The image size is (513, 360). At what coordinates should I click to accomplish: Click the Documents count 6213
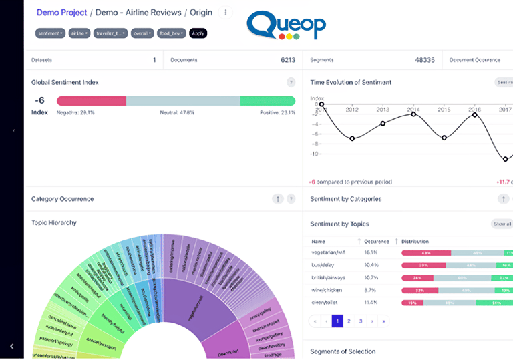click(287, 60)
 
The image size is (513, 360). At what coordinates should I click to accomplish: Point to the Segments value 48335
click(424, 60)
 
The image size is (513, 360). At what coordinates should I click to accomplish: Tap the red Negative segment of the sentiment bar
click(92, 101)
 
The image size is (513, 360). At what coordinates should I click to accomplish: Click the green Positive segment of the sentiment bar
click(267, 101)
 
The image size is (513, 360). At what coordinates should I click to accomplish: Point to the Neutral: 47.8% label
click(177, 113)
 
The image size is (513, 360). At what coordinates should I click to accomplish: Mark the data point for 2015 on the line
click(444, 138)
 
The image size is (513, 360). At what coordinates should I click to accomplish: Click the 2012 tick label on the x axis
click(352, 110)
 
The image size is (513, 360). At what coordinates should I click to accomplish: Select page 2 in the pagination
click(349, 321)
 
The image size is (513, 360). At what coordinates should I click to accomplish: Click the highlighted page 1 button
click(337, 321)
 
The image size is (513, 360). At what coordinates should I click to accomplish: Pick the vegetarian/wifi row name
click(328, 253)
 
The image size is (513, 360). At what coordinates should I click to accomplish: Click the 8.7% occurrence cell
click(371, 290)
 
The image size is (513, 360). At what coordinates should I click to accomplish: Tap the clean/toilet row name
click(325, 302)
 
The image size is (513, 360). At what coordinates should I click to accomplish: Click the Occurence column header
click(376, 241)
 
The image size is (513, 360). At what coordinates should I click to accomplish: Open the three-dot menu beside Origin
click(226, 12)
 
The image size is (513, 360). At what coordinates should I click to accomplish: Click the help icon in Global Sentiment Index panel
click(291, 83)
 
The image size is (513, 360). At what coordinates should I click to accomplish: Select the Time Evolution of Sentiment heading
click(351, 83)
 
